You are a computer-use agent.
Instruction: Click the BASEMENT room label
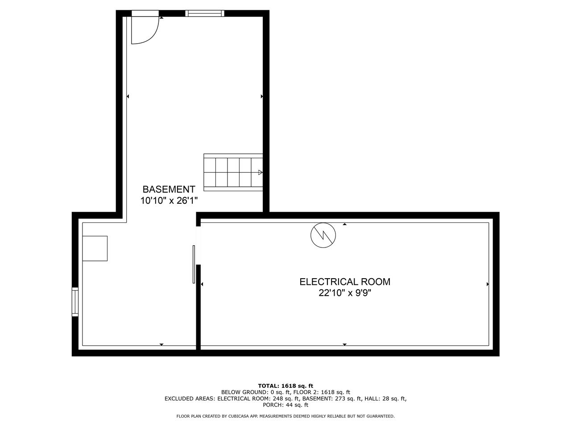click(169, 189)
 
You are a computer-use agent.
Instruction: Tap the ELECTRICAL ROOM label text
click(345, 282)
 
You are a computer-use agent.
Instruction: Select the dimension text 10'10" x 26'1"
click(169, 201)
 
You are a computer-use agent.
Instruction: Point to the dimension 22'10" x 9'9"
click(345, 293)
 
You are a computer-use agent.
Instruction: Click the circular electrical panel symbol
click(323, 235)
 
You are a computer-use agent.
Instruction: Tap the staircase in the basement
click(233, 172)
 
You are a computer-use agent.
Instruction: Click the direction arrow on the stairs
click(260, 172)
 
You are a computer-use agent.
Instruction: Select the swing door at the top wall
click(145, 27)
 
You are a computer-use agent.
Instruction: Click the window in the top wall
click(205, 13)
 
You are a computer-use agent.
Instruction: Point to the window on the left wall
click(75, 302)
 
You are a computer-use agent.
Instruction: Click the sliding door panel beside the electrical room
click(194, 264)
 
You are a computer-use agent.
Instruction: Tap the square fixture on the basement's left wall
click(95, 248)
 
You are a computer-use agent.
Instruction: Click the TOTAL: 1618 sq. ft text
click(285, 386)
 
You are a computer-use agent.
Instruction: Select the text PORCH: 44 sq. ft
click(285, 405)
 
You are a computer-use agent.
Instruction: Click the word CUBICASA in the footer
click(239, 416)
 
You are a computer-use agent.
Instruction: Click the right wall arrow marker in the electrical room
click(488, 284)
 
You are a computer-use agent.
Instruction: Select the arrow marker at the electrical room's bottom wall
click(345, 345)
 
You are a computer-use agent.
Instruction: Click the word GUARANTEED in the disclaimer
click(381, 416)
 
